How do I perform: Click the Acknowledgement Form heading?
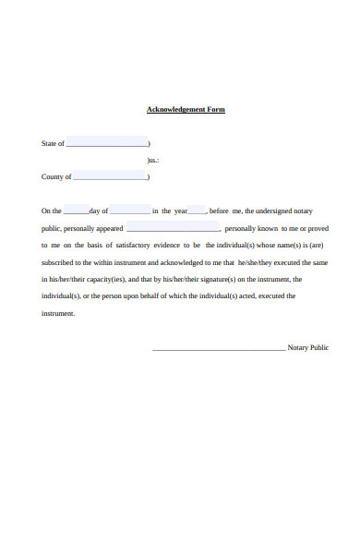(186, 110)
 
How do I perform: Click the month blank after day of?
(130, 211)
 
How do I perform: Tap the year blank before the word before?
(197, 211)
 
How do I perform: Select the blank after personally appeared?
(173, 229)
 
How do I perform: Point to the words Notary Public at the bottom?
(308, 348)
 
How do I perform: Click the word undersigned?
(272, 211)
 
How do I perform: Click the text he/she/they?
(256, 262)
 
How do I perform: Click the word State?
(49, 144)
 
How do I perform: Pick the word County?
(53, 176)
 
